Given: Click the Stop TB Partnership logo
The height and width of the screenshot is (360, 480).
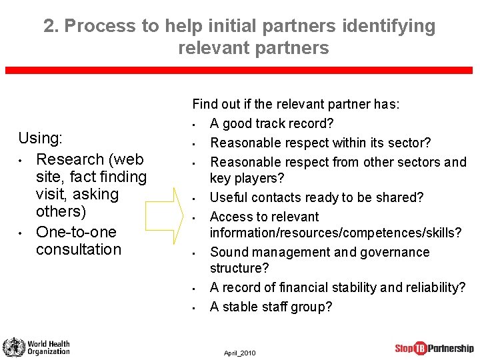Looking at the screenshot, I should click(434, 347).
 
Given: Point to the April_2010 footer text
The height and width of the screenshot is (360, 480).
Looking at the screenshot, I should click(240, 353).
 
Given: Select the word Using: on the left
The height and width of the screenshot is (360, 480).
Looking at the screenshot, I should click(40, 138).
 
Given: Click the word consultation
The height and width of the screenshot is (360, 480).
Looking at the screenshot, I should click(79, 249).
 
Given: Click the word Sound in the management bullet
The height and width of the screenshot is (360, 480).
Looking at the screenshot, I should click(227, 252).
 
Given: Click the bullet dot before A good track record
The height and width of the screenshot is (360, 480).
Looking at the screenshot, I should click(192, 124).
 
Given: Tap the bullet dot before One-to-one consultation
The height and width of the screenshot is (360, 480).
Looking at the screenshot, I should click(21, 233).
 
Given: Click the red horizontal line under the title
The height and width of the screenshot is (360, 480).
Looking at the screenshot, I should click(240, 70).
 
